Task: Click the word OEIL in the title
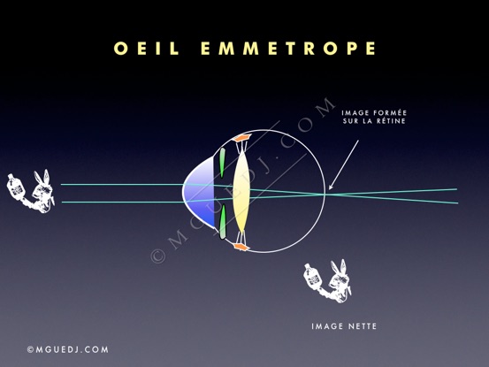[x=147, y=49]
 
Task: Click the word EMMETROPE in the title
[x=288, y=49]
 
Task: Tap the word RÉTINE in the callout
[x=391, y=121]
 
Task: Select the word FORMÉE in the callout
[x=390, y=112]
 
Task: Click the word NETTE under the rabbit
[x=362, y=326]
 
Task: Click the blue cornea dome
[x=200, y=193]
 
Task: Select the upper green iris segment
[x=222, y=163]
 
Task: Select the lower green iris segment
[x=223, y=221]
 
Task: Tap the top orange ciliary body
[x=242, y=137]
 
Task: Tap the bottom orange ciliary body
[x=241, y=247]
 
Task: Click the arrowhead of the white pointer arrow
[x=331, y=187]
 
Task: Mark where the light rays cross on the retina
[x=324, y=194]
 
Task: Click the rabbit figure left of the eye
[x=31, y=191]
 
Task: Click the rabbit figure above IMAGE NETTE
[x=327, y=281]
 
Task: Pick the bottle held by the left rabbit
[x=15, y=187]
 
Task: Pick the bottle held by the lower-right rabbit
[x=312, y=276]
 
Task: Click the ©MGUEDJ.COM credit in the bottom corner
[x=68, y=349]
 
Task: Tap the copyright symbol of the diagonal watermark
[x=157, y=256]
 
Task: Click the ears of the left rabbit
[x=42, y=177]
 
